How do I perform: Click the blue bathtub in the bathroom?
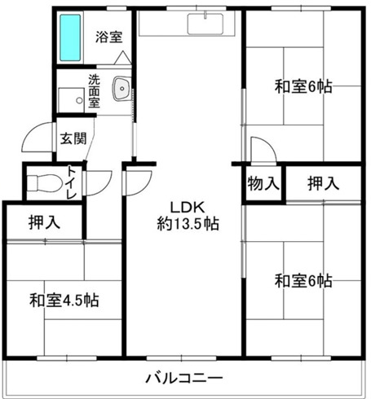coord(72,39)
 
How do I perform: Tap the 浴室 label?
coord(108,37)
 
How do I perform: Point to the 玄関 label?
coord(71,137)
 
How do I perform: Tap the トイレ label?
coord(72,182)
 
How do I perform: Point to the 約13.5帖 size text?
coord(188,221)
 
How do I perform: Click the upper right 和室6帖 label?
coord(303,86)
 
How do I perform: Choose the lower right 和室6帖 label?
coord(303,281)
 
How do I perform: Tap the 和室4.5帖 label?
coord(65,300)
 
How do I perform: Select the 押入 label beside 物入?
coord(323,184)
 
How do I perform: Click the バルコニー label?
coord(184,378)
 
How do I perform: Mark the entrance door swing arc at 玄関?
coord(36,139)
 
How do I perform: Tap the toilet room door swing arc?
coord(99,182)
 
